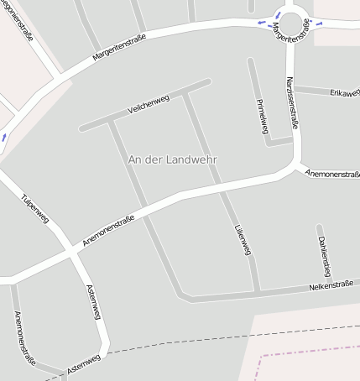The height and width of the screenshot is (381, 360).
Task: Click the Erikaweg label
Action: click(x=344, y=91)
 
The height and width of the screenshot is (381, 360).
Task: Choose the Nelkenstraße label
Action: click(x=330, y=286)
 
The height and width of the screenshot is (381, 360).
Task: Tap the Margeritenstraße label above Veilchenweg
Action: click(x=120, y=52)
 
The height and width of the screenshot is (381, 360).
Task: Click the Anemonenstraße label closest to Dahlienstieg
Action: click(x=332, y=175)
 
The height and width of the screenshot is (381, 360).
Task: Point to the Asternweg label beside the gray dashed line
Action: click(x=82, y=363)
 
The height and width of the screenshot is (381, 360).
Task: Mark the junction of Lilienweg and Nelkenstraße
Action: click(x=257, y=293)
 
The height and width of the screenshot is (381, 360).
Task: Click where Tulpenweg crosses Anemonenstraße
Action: click(x=69, y=252)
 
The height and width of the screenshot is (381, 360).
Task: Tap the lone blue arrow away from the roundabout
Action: click(x=4, y=135)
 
